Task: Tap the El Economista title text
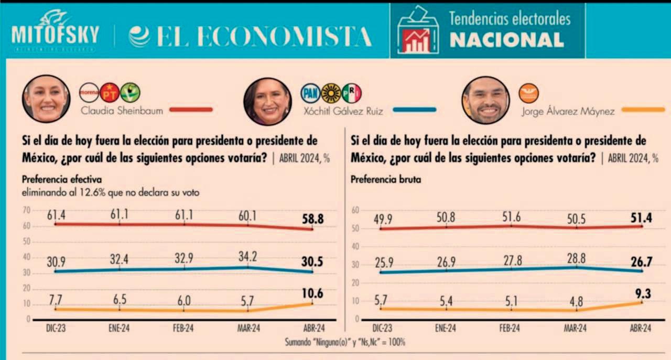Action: coord(251,36)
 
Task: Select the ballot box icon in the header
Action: coord(417,30)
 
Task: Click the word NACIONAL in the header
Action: coord(506,40)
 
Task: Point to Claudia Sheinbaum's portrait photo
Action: coord(46,99)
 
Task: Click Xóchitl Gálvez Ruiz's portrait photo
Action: coord(267,102)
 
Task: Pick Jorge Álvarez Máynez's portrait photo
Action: coord(485,100)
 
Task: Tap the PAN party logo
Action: coord(310,93)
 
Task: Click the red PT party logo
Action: coord(110,93)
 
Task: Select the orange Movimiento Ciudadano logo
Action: coord(528,94)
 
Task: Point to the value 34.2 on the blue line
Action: coord(248,258)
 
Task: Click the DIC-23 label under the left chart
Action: coord(55,329)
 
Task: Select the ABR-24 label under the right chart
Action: coord(640,329)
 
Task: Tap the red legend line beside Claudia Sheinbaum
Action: coord(191,110)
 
